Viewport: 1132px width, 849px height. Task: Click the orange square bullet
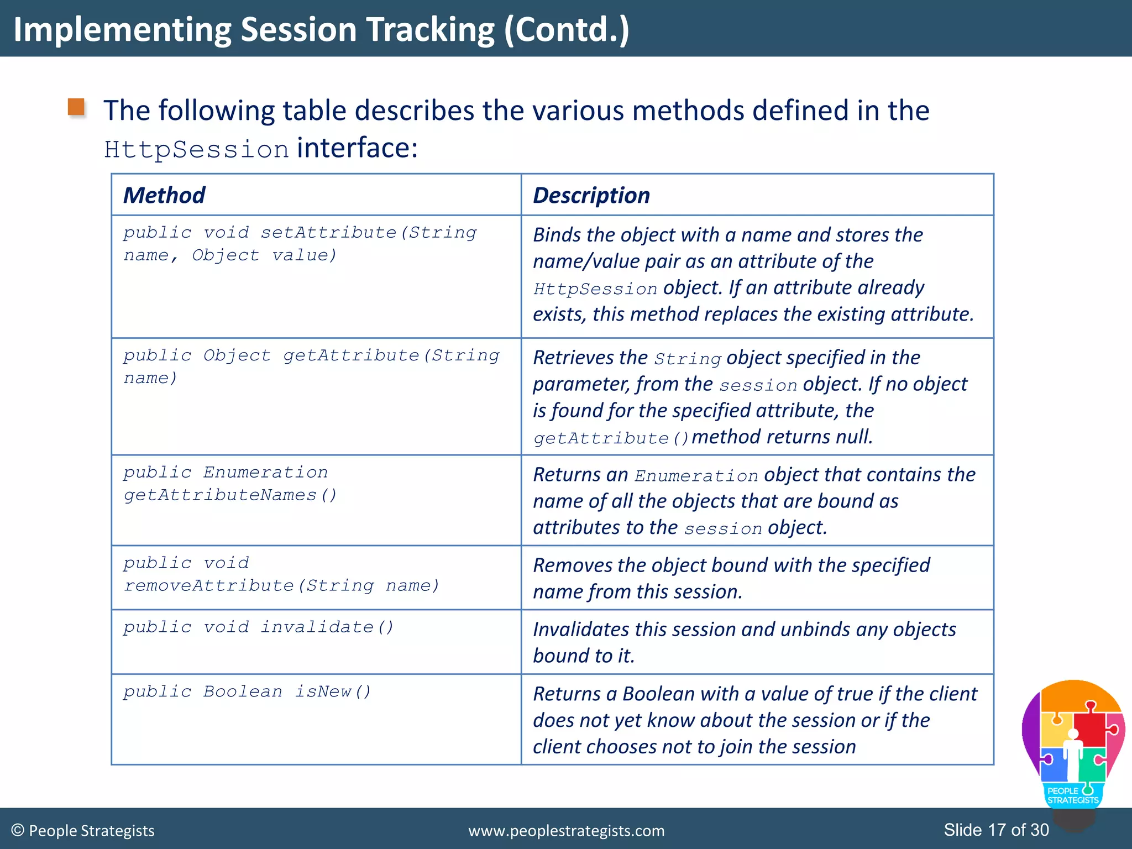(76, 107)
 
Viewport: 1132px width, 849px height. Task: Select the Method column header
(164, 195)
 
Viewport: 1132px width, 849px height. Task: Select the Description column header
(591, 195)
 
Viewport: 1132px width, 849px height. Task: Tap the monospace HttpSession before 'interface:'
(196, 150)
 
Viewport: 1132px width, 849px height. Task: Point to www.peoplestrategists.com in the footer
(566, 831)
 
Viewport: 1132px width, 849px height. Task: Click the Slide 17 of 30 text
(996, 830)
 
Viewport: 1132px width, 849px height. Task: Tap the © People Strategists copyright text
(83, 831)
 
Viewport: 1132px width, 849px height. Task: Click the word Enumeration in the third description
(696, 476)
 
